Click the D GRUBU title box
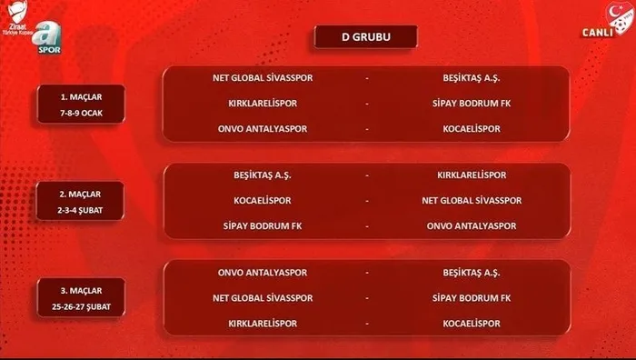click(x=365, y=37)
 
